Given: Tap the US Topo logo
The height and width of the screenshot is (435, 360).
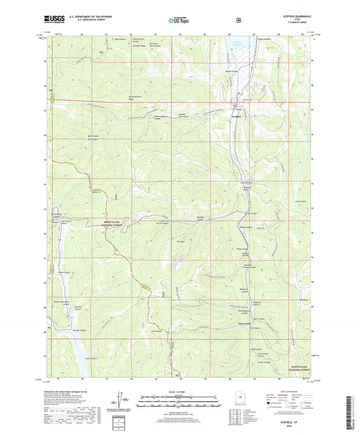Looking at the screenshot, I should (180, 20).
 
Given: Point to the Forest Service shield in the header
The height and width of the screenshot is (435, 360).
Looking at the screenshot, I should (238, 20).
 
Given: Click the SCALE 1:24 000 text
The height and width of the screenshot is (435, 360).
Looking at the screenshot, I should (179, 392).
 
